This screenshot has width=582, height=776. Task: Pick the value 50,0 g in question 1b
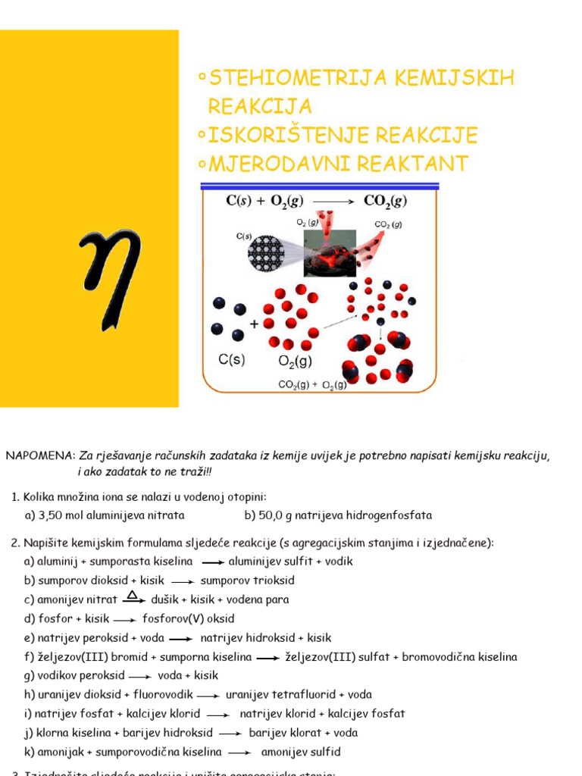point(274,515)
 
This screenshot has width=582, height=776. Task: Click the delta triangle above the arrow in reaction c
point(132,594)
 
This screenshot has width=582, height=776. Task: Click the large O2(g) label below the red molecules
point(293,361)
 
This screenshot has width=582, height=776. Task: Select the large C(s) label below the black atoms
point(232,361)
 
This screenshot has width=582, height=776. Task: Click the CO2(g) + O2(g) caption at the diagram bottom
point(312,385)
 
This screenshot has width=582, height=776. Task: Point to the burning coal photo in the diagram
point(330,253)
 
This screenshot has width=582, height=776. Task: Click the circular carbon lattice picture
point(266,253)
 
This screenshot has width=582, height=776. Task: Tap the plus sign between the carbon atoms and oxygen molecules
point(253,324)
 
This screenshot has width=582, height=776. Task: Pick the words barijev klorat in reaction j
point(280,733)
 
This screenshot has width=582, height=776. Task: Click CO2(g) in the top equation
point(385,201)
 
